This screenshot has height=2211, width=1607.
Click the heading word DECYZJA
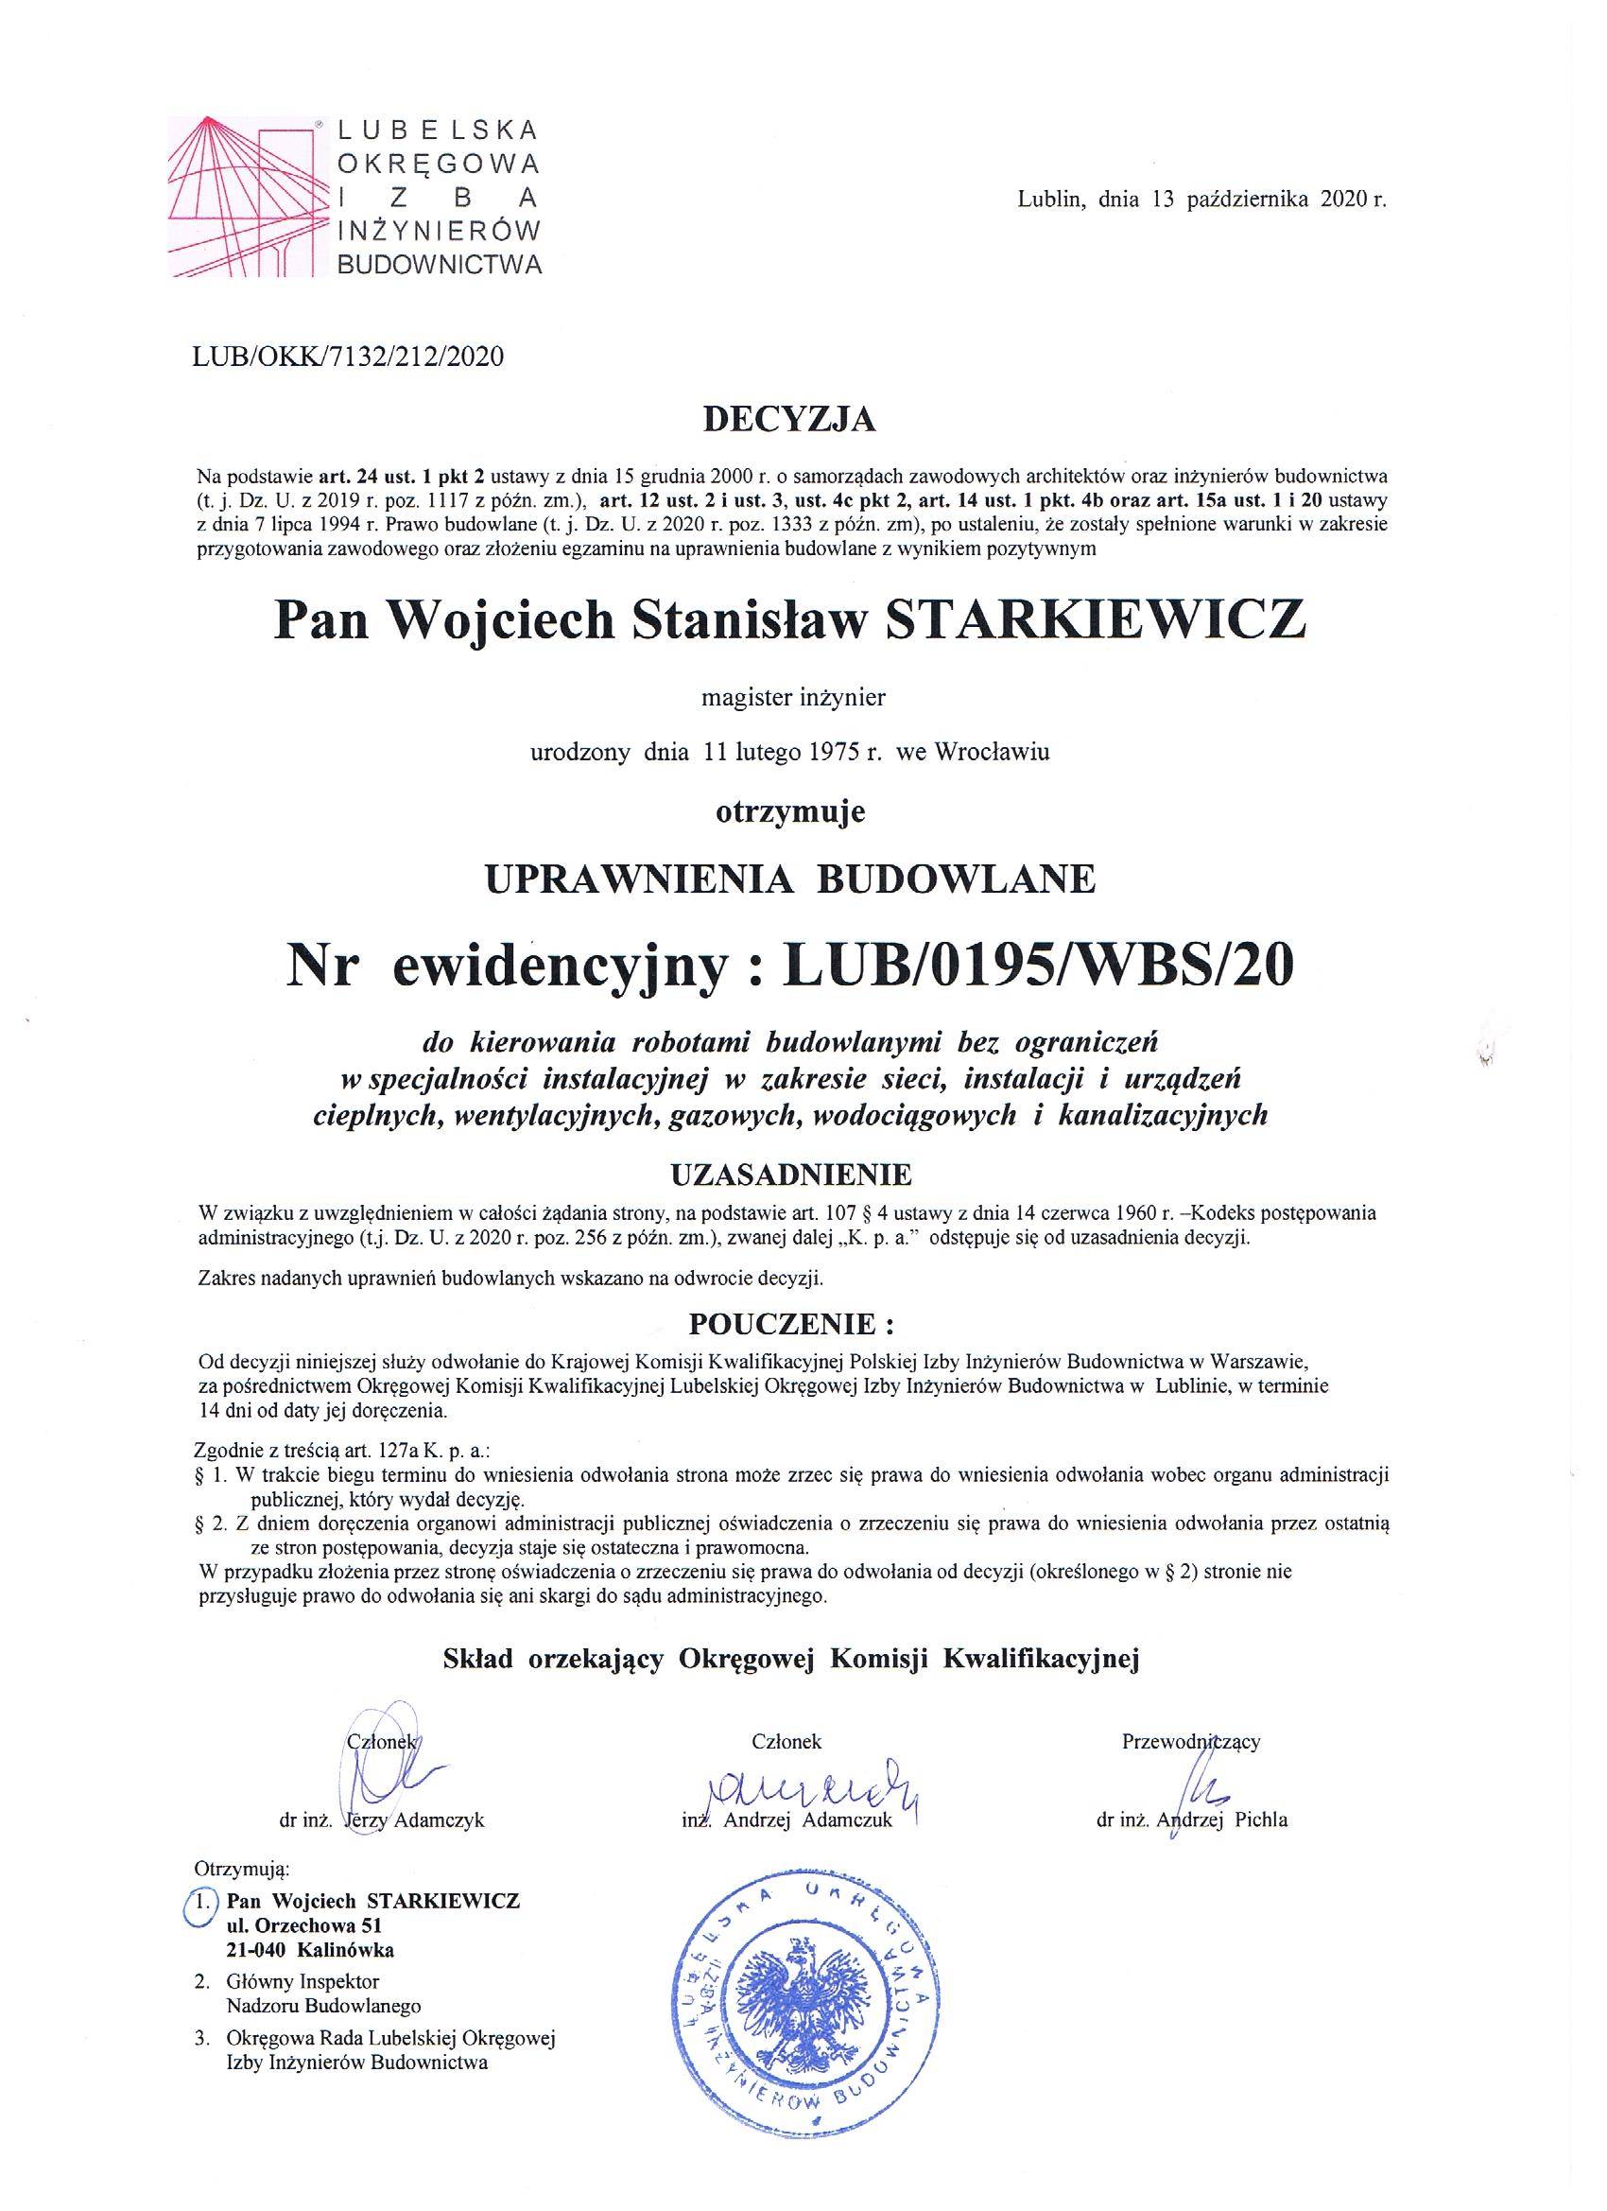pos(789,420)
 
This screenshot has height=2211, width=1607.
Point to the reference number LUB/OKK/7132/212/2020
pos(351,356)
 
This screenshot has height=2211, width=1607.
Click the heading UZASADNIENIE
pos(791,1174)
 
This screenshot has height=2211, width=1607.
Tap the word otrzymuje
pos(790,812)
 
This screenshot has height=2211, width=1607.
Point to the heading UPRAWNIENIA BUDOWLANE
pos(790,879)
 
